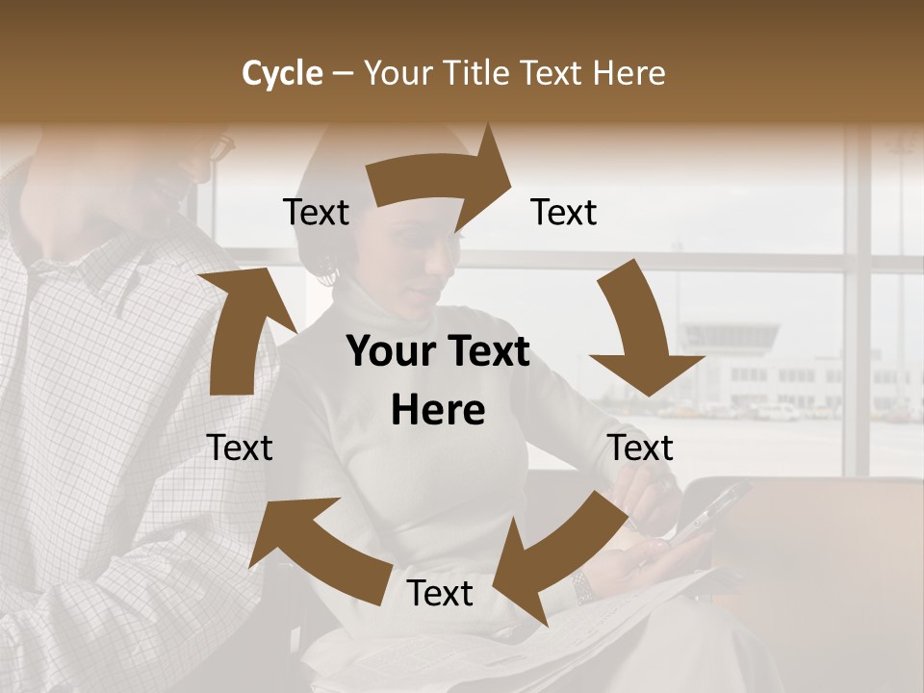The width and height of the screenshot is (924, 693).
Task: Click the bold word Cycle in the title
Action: [x=281, y=73]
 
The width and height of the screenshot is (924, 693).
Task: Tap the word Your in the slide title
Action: [x=396, y=73]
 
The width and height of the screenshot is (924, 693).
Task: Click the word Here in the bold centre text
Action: [x=438, y=410]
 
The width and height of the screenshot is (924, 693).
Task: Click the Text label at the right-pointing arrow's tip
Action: [x=564, y=212]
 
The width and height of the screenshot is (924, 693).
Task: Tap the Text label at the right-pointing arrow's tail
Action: [x=316, y=212]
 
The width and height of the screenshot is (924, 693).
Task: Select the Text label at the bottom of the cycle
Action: [x=440, y=593]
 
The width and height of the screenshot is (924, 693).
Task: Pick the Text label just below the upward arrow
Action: [x=240, y=448]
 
